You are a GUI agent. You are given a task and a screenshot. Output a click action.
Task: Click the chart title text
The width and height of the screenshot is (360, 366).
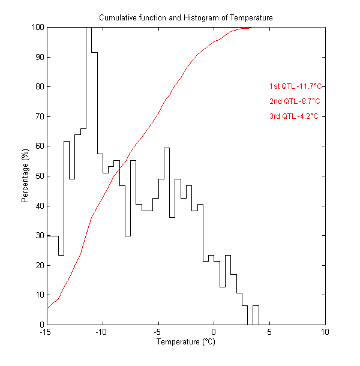185,18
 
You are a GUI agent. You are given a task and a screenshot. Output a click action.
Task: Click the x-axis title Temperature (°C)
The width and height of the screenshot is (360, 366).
185,342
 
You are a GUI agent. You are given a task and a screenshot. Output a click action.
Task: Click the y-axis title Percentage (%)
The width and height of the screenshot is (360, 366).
25,176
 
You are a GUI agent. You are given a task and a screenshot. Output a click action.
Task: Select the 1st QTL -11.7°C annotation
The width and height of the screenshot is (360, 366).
296,86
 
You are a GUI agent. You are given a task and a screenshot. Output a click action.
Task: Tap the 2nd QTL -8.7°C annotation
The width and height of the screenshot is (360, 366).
295,101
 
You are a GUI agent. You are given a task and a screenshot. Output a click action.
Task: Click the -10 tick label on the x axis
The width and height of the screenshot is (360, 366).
102,332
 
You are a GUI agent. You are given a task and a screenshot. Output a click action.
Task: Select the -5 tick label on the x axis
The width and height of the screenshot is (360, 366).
158,332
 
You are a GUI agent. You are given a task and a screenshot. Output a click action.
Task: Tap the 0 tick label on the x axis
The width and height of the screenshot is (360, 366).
214,332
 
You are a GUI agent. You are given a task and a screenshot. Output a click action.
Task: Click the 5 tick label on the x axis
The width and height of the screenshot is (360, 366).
269,332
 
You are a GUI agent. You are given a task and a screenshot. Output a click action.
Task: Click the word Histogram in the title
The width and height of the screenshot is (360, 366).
202,18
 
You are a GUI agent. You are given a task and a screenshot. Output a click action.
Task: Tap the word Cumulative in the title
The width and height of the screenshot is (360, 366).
116,18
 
